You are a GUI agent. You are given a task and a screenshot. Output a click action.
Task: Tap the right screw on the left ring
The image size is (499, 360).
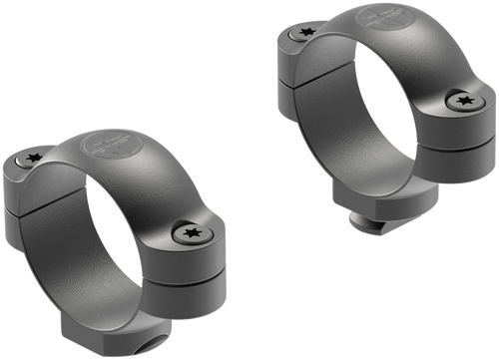[191, 233]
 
